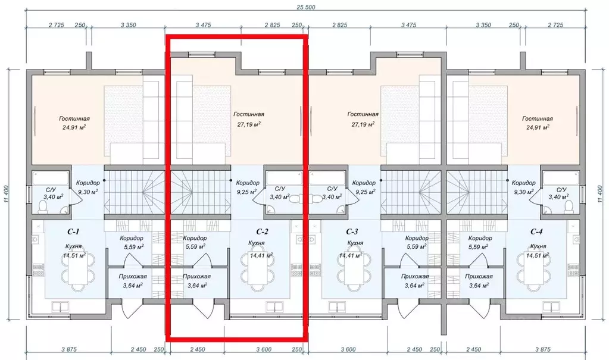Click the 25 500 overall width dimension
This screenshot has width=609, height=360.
click(305, 7)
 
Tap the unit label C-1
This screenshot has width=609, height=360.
click(74, 232)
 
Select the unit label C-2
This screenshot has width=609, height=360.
click(262, 232)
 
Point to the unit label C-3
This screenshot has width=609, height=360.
click(352, 232)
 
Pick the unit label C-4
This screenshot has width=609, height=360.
click(536, 232)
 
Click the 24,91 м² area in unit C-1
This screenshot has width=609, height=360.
click(74, 127)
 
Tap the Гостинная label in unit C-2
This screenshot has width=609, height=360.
click(249, 114)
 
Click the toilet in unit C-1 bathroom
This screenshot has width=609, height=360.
click(42, 208)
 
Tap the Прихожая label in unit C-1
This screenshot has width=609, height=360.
click(133, 277)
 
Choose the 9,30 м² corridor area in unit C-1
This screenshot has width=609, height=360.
click(88, 191)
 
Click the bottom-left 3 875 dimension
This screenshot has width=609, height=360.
click(69, 349)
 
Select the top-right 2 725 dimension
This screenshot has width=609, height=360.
click(555, 25)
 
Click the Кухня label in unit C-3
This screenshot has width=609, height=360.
click(355, 243)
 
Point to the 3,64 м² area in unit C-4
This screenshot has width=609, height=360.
click(479, 286)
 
